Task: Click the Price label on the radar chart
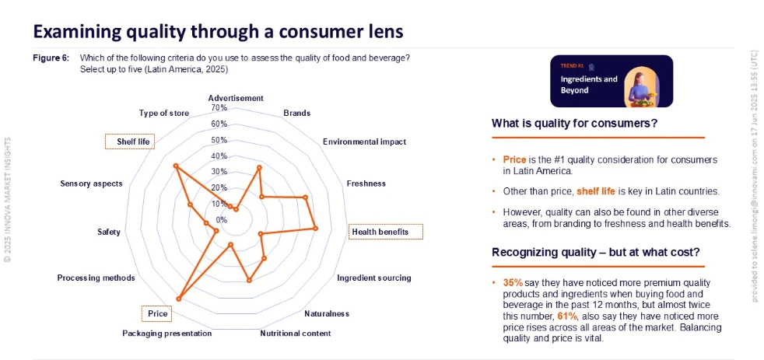coord(157,313)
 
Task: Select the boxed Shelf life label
coord(130,142)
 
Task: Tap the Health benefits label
coord(387,232)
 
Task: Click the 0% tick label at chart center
coord(222,220)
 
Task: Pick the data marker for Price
coord(179,299)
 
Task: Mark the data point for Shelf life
coord(176,166)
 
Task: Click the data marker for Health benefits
coord(315,228)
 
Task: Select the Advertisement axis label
coord(236,98)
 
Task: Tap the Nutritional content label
coord(296,334)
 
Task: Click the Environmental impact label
coord(364,142)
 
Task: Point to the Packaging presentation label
coord(167,334)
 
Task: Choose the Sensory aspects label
coord(91,183)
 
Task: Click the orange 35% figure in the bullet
coord(513,282)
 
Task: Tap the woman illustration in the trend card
coord(642,87)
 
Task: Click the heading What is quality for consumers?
coord(575,124)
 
